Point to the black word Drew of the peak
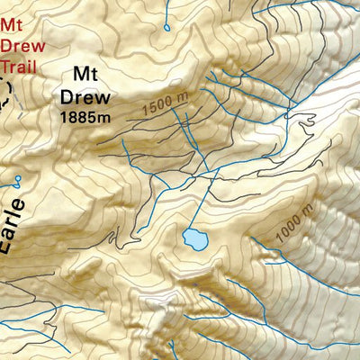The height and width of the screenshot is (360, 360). [85, 95]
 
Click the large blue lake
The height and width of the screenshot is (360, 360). [193, 238]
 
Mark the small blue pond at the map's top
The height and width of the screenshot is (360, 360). [166, 27]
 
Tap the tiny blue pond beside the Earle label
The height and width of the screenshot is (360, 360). [18, 178]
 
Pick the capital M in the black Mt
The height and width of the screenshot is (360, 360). [79, 76]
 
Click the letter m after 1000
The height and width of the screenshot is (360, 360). [309, 208]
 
